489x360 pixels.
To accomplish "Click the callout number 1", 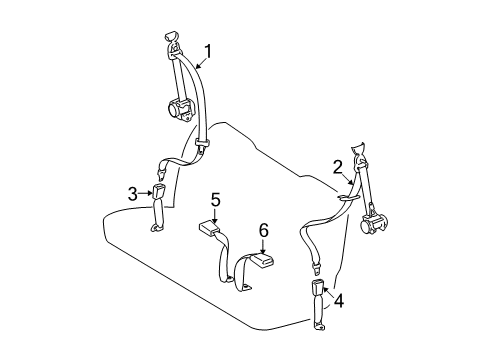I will coord(208,51).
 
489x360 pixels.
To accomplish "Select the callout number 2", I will coord(338,166).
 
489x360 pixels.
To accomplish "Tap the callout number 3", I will coord(132,192).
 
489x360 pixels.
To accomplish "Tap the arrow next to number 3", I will coord(145,192).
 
